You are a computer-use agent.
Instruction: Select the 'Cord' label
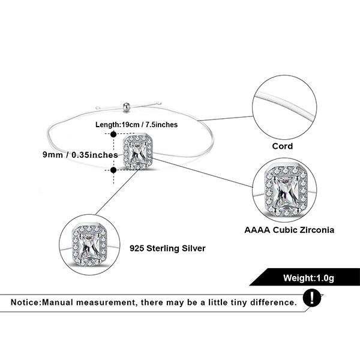[x=281, y=146]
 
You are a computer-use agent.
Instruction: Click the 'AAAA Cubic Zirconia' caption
[x=289, y=229]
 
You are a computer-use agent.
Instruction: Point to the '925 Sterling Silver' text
[x=167, y=247]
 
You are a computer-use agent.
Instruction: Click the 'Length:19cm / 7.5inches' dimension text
[x=136, y=124]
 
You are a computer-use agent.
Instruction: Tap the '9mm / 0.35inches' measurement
[x=79, y=154]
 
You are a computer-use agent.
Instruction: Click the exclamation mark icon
[x=311, y=298]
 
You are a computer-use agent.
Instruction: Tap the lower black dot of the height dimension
[x=114, y=170]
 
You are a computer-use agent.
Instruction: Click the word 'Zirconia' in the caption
[x=314, y=229]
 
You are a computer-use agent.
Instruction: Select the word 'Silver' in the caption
[x=191, y=247]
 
